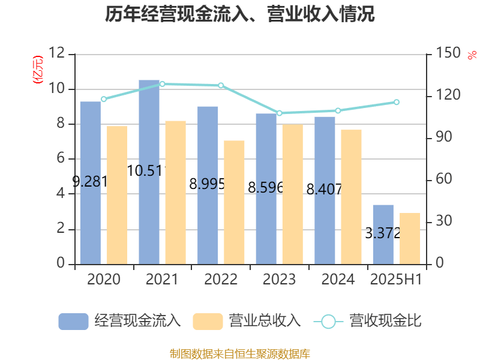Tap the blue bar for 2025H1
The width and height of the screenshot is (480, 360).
tap(383, 234)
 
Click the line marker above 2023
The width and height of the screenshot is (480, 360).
tap(279, 113)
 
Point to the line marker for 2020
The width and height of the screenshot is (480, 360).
tap(103, 99)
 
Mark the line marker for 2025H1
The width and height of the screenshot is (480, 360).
tap(396, 102)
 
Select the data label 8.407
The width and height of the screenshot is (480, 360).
tap(324, 190)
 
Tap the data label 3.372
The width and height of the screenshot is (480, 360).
tap(383, 233)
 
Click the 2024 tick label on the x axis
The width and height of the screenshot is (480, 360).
tap(338, 280)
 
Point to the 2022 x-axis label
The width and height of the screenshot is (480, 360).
tap(221, 280)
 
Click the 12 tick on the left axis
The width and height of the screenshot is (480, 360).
tap(58, 55)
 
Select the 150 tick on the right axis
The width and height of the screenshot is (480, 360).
tap(444, 55)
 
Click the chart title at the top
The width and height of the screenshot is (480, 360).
tap(240, 15)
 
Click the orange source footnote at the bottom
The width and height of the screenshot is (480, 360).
tap(240, 353)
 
